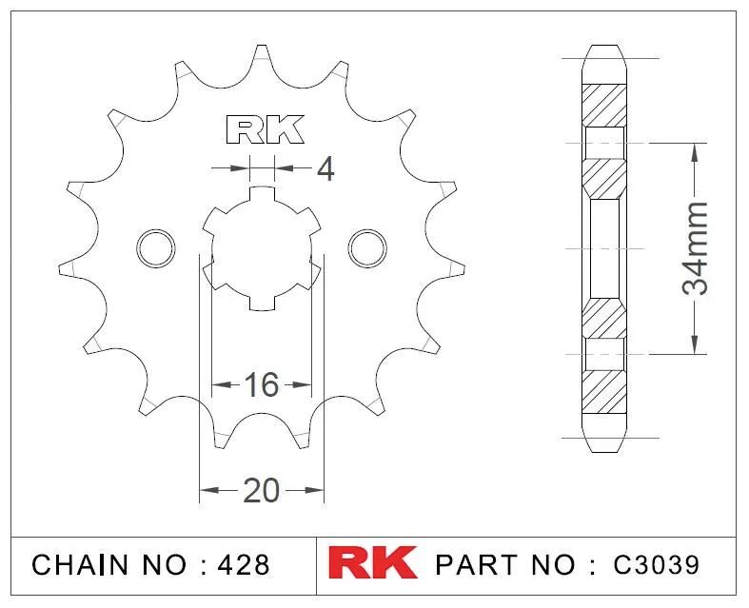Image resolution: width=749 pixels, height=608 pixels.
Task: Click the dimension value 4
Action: (x=325, y=169)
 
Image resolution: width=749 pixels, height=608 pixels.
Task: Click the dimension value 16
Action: (x=261, y=385)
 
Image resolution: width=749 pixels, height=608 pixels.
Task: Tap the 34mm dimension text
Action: (x=698, y=247)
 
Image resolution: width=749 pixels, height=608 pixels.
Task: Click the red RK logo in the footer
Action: (x=372, y=562)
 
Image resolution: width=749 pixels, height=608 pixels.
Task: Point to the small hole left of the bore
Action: (x=156, y=247)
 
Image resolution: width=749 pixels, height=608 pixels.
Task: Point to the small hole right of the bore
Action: (x=367, y=247)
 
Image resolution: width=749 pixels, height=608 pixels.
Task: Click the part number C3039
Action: (x=656, y=563)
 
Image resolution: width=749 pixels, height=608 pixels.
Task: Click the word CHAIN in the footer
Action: (x=80, y=563)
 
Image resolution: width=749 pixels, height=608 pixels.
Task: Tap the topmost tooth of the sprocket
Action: (x=262, y=57)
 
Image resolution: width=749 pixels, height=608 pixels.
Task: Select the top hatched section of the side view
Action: (x=604, y=105)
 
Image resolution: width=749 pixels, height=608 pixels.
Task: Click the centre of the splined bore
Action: (x=262, y=247)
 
